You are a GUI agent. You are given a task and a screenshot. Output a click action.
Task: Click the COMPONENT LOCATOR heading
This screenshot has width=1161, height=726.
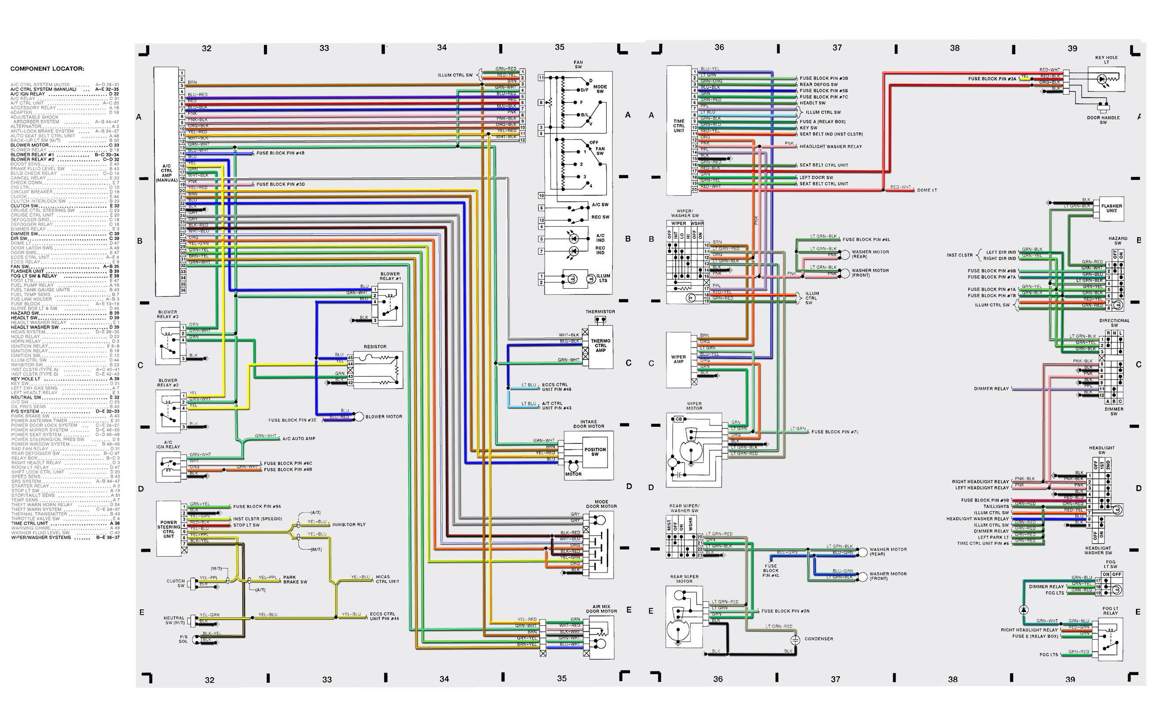click(47, 69)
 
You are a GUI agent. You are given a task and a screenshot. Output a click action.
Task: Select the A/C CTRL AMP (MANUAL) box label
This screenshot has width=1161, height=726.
click(167, 173)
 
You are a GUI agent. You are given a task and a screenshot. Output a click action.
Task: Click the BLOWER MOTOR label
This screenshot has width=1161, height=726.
click(384, 417)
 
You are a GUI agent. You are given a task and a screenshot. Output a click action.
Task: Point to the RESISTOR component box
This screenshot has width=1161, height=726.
click(377, 370)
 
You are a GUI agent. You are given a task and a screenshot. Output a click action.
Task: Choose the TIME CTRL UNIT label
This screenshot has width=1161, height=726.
click(679, 126)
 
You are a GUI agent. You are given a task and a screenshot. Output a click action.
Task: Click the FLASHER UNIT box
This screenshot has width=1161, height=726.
click(1112, 209)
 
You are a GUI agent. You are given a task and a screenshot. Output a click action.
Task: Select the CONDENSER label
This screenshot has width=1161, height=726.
click(819, 639)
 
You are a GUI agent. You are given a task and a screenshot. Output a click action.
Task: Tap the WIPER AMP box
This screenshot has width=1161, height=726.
click(678, 359)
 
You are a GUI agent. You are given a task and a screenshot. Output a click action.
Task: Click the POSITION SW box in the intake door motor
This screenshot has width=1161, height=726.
click(595, 452)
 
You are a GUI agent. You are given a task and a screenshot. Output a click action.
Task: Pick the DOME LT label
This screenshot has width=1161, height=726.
click(927, 190)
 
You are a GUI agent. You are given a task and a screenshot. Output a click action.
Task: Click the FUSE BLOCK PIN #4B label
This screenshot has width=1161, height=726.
click(280, 153)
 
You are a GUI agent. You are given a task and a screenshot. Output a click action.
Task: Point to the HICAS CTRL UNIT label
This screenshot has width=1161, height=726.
click(387, 579)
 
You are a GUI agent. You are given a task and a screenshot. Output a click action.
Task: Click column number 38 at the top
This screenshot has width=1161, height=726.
click(955, 48)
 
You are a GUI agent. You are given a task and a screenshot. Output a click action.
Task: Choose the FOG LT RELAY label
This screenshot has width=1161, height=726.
click(1110, 611)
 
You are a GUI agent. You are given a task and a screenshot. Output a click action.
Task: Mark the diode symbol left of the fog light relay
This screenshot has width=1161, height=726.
click(1023, 610)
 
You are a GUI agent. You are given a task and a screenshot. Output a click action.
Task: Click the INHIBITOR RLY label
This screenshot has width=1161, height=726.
click(349, 525)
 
